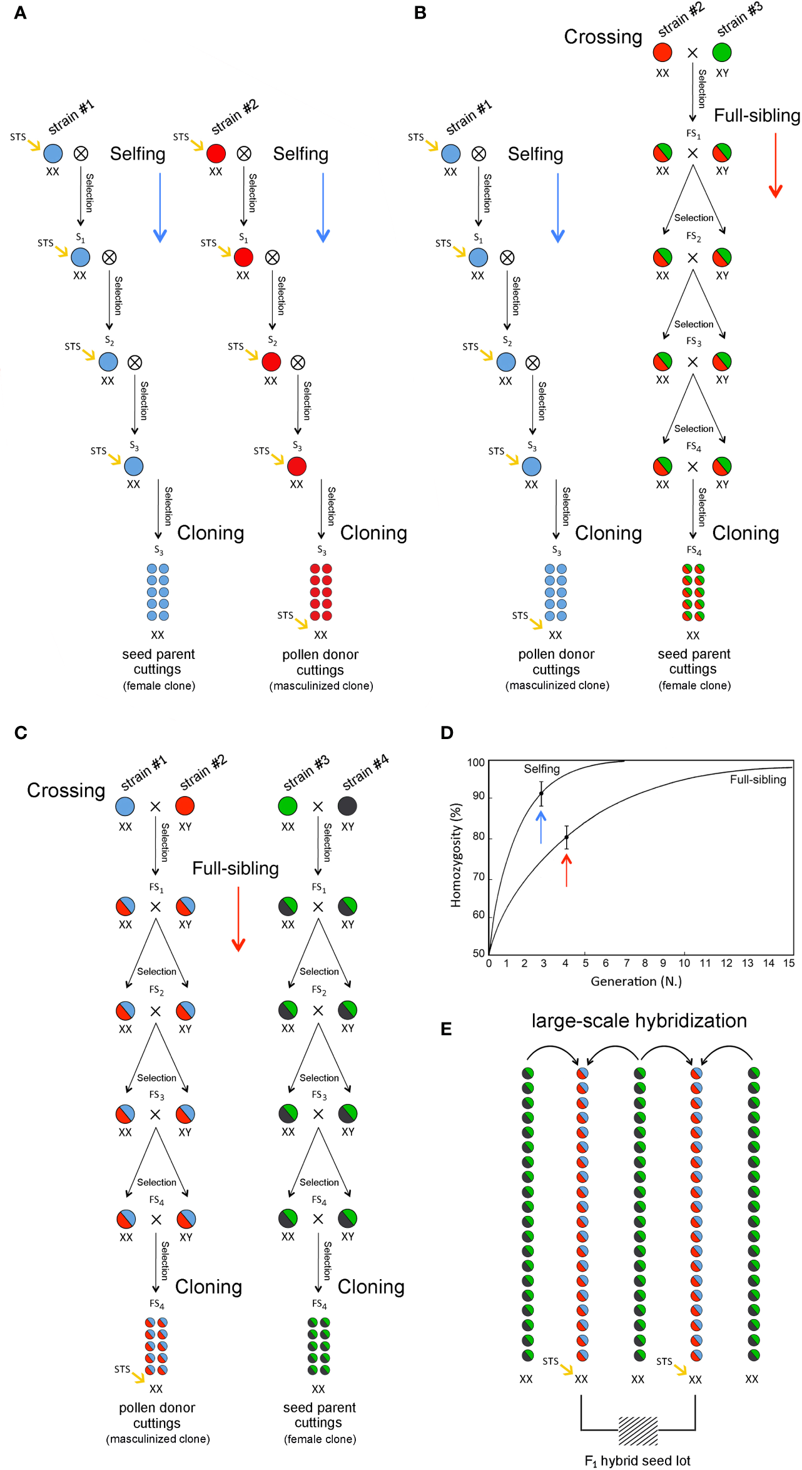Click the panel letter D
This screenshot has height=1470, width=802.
click(447, 732)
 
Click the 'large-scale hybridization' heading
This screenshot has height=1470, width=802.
click(639, 1021)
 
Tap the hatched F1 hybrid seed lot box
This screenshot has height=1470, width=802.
click(638, 1431)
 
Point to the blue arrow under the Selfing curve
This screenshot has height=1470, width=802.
click(541, 827)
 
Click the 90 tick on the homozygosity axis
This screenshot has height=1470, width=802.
click(479, 796)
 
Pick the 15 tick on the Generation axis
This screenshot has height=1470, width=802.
click(789, 963)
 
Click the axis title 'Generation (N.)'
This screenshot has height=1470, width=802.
click(636, 981)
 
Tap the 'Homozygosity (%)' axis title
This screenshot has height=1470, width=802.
click(456, 855)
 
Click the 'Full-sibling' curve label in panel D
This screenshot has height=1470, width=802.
click(758, 779)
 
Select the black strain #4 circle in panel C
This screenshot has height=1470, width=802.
click(347, 805)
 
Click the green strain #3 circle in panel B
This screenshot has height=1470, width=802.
click(722, 52)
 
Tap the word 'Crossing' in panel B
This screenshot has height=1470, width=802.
click(603, 37)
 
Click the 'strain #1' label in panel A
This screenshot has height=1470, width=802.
click(71, 117)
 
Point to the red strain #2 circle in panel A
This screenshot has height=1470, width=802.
click(216, 153)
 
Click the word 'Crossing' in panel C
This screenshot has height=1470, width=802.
click(66, 790)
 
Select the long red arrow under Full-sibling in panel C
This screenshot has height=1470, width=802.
click(238, 919)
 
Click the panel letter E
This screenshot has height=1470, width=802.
click(446, 1029)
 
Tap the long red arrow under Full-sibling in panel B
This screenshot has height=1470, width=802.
click(776, 165)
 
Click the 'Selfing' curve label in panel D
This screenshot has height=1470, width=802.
click(542, 768)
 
